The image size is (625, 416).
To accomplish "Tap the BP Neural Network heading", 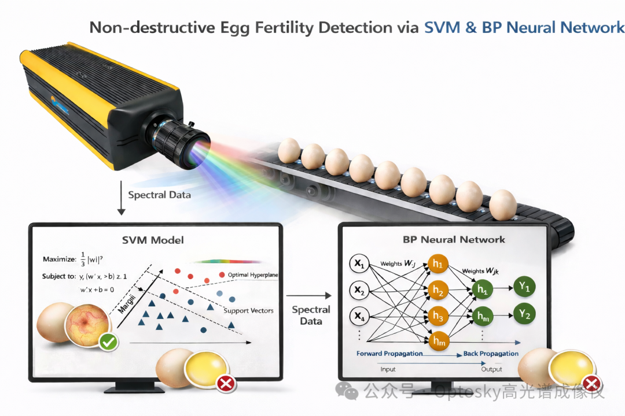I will (454, 239).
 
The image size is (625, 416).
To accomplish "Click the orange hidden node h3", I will (437, 317).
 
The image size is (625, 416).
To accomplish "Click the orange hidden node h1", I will (437, 265).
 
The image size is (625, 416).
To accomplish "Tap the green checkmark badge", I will (108, 343).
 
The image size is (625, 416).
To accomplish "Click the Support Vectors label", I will (248, 311).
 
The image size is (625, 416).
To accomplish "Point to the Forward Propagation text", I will (389, 354).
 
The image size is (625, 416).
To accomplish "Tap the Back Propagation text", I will (491, 354).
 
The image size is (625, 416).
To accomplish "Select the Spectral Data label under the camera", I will (159, 195).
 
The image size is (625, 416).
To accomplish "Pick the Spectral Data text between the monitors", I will (311, 315).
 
